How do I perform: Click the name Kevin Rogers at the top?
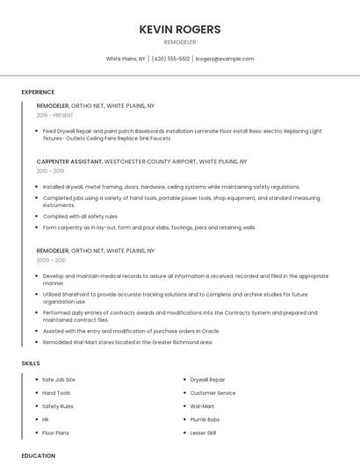[x=180, y=29]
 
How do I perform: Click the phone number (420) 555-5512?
[x=170, y=59]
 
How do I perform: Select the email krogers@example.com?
[x=225, y=59]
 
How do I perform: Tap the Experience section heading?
[x=38, y=92]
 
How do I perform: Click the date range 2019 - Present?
[x=55, y=115]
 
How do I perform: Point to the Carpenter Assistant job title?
[x=69, y=161]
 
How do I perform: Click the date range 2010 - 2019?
[x=49, y=171]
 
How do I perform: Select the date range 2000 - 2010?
[x=51, y=260]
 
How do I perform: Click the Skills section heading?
[x=31, y=362]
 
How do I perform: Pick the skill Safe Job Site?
[x=59, y=380]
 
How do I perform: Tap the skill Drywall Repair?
[x=208, y=380]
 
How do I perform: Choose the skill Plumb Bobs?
[x=205, y=419]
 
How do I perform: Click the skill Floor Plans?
[x=55, y=433]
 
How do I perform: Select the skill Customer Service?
[x=213, y=393]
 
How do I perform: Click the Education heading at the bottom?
[x=38, y=456]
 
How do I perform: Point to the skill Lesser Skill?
[x=204, y=433]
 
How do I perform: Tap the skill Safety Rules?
[x=58, y=406]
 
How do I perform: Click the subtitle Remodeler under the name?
[x=180, y=41]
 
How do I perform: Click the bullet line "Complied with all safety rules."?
[x=81, y=216]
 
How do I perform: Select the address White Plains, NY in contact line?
[x=126, y=59]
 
